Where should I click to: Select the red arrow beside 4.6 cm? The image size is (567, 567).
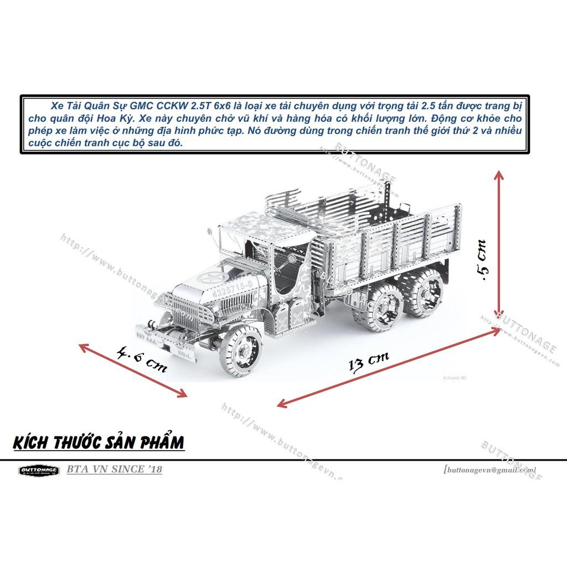click(133, 370)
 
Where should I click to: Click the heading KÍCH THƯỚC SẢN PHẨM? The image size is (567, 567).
click(97, 443)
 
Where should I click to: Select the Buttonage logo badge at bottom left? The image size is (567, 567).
click(38, 471)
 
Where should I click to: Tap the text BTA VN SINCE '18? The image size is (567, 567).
click(114, 470)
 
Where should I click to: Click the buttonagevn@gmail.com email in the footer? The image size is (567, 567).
click(489, 470)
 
